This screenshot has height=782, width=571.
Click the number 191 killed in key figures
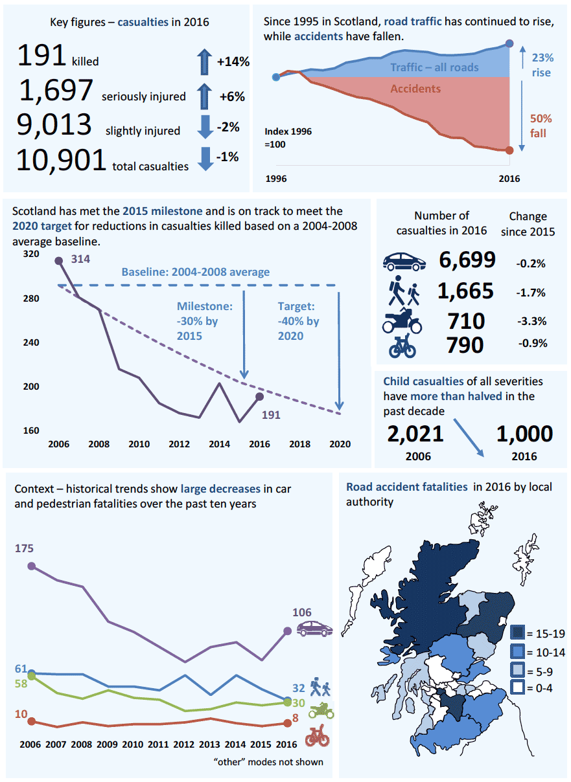point(42,55)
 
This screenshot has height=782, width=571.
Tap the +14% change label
point(233,62)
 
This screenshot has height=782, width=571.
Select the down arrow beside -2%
point(205,127)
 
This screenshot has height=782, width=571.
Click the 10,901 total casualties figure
point(61,160)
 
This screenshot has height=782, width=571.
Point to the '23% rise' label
point(541,65)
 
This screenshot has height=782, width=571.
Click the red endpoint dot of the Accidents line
point(509,150)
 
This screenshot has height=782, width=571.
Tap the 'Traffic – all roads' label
point(434,67)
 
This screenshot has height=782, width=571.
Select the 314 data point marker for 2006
point(59,261)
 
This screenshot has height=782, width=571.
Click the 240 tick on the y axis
point(30,342)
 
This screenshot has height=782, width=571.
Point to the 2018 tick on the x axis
point(299,444)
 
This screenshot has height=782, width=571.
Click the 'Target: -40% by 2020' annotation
point(299,321)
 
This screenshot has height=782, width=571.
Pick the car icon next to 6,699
point(404,261)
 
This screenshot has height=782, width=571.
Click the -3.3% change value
point(531,320)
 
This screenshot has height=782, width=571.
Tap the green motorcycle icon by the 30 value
point(321,710)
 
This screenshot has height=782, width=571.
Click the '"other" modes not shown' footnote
point(268,761)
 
